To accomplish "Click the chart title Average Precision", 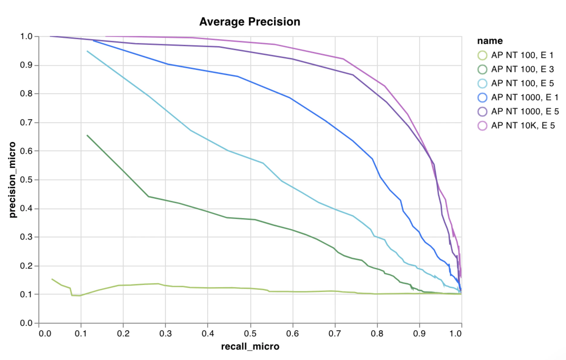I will [x=250, y=22].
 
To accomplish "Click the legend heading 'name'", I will [x=490, y=41].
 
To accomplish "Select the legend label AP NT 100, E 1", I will [x=522, y=55].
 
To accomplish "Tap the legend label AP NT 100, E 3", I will [x=522, y=69].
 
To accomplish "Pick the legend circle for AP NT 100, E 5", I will [x=482, y=83].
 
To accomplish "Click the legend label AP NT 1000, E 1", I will [x=525, y=97].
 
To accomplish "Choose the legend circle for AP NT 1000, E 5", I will [x=482, y=111].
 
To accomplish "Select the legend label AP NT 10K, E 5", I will [x=523, y=125].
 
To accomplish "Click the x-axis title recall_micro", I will [x=250, y=347].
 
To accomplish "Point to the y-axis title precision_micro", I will [x=12, y=180].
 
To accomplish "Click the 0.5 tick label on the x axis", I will [x=250, y=334].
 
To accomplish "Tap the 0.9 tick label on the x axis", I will [x=419, y=334].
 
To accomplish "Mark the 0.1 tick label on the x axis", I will [x=81, y=334].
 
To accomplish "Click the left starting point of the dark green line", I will [x=87, y=135].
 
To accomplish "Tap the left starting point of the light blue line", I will [x=87, y=51].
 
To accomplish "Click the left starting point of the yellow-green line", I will [x=52, y=279].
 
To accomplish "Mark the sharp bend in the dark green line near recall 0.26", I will [x=148, y=196].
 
